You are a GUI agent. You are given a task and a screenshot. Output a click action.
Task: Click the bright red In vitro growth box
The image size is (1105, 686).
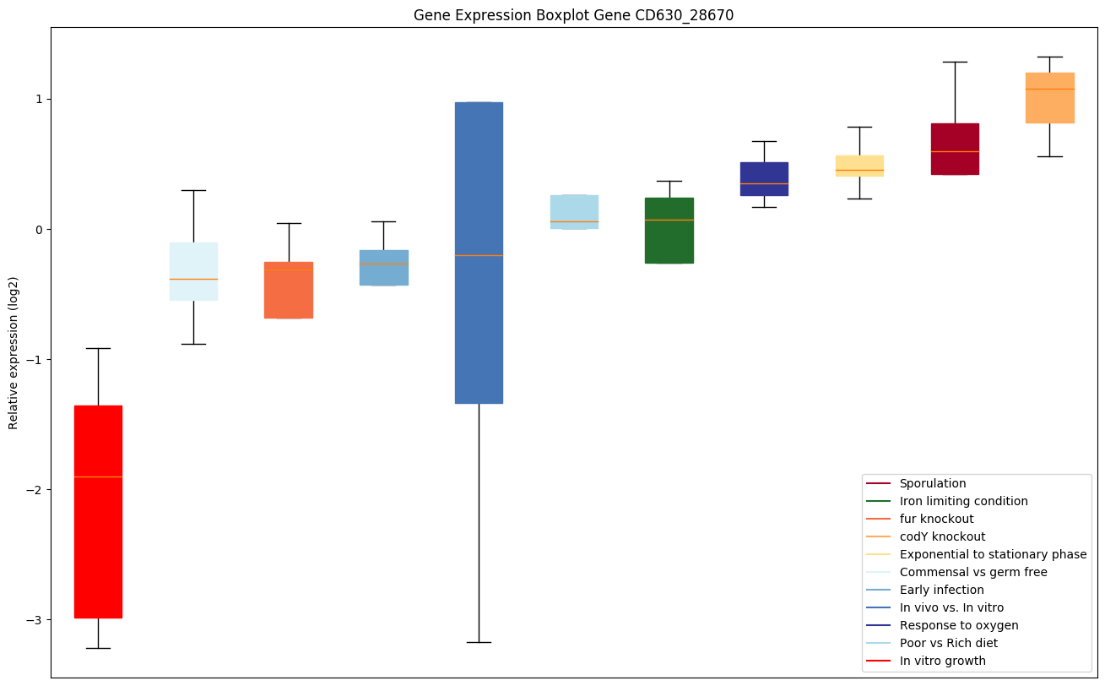pos(98,511)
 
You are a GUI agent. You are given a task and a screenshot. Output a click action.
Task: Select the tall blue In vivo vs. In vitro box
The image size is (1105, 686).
pos(479,253)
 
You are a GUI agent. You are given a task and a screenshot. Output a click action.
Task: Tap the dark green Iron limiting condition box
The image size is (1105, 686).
pos(669,231)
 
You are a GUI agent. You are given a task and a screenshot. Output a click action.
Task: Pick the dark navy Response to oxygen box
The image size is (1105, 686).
pos(764,179)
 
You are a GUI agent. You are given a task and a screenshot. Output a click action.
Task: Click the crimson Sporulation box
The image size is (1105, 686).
pos(955,149)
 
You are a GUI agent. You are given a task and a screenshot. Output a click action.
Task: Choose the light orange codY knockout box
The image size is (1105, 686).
pos(1049,98)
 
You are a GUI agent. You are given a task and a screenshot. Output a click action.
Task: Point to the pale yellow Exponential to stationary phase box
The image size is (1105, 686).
pos(859,166)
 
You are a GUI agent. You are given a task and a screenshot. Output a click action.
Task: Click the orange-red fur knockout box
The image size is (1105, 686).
pos(289,290)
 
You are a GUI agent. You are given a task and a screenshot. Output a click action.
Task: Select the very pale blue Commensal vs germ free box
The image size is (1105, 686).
pos(193,271)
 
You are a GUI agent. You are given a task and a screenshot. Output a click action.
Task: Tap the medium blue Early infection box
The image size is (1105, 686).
pos(384,268)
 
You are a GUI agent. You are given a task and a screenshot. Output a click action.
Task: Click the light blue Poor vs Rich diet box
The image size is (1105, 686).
pos(574,212)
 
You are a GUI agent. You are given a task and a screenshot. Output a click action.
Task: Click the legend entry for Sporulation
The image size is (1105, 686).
pos(932,484)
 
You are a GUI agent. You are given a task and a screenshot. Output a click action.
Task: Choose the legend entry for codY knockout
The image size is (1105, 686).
pos(942,536)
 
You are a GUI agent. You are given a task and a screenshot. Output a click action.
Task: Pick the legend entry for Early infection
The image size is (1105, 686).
pos(941,590)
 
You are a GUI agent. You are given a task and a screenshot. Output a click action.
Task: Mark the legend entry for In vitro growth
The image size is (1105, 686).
pos(942,661)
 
